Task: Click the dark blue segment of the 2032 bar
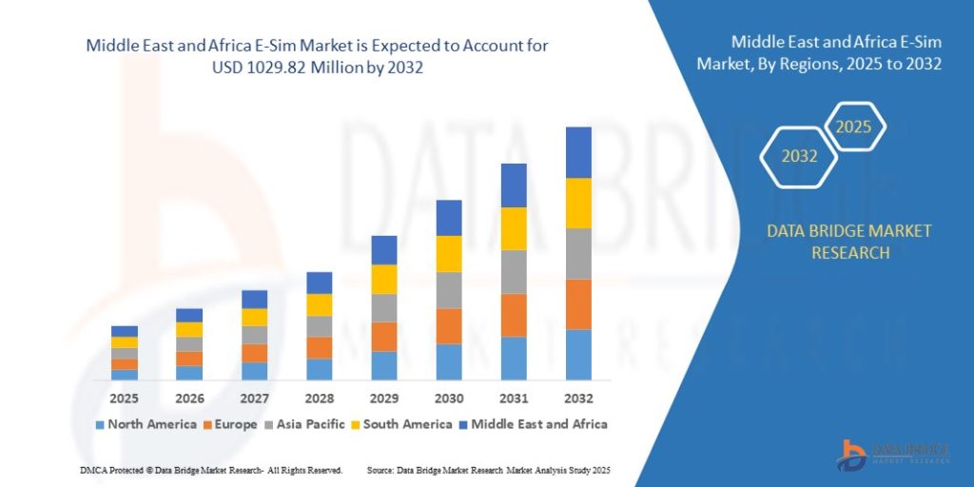[x=578, y=152]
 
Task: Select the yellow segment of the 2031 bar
[x=514, y=228]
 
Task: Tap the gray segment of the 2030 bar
[x=449, y=290]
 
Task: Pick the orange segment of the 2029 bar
[x=383, y=337]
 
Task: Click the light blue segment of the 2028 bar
[x=320, y=369]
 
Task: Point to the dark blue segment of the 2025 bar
[x=125, y=331]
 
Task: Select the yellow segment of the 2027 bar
[x=254, y=317]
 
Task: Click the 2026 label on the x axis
[x=189, y=398]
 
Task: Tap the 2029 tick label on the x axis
[x=383, y=398]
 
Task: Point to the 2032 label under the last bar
[x=578, y=398]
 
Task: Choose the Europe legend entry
[x=229, y=424]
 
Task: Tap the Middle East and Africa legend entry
[x=532, y=424]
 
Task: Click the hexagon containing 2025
[x=853, y=126]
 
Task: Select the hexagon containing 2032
[x=799, y=156]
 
